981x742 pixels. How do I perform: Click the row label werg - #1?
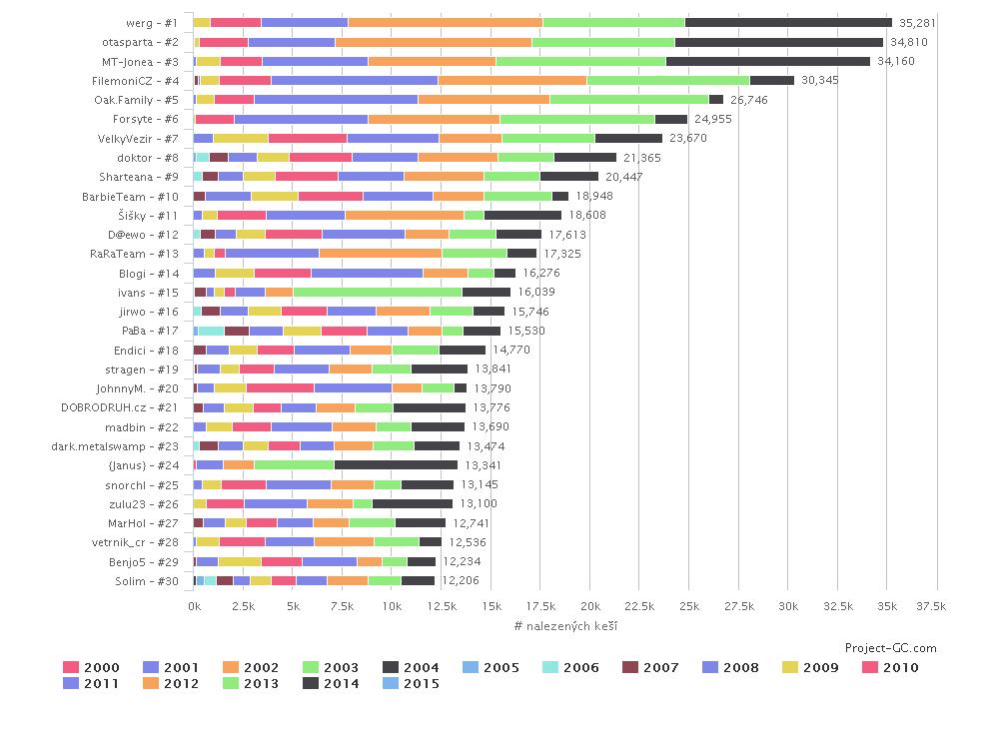153,22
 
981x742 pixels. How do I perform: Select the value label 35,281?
918,22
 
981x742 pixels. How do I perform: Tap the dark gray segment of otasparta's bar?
779,42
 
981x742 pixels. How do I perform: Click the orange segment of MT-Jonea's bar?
432,61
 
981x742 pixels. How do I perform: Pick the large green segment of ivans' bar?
378,292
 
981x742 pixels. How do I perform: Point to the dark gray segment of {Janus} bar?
396,464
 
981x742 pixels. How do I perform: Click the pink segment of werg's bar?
236,22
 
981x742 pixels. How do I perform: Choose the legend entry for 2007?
659,667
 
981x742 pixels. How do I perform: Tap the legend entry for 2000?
91,667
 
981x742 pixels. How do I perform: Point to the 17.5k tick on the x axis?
540,606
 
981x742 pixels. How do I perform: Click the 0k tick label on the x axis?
194,606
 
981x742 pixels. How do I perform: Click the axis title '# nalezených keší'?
565,625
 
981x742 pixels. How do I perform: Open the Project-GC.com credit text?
890,648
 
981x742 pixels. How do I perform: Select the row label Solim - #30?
147,580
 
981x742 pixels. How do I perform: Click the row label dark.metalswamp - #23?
115,445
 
